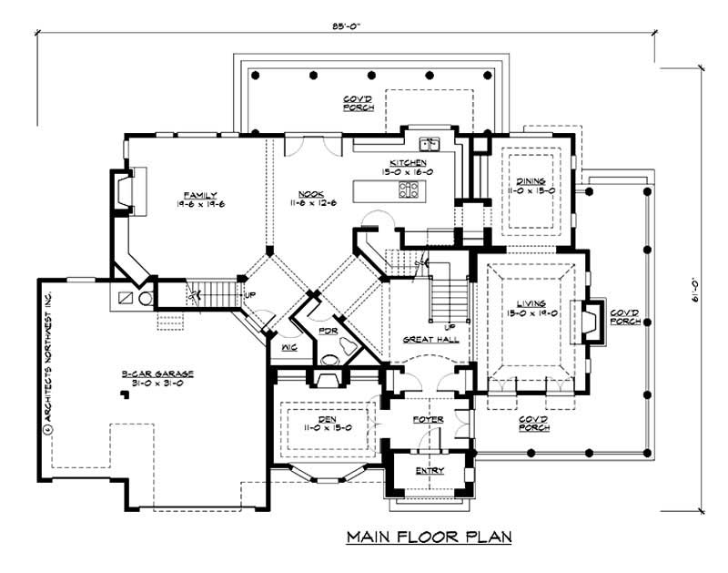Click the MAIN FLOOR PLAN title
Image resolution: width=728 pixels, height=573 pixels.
click(x=430, y=537)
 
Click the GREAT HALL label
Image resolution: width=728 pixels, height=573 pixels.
click(x=429, y=340)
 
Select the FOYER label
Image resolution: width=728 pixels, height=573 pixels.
click(x=429, y=419)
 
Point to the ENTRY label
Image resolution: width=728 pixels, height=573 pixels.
click(x=429, y=470)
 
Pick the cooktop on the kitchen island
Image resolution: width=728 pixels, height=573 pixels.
click(x=409, y=189)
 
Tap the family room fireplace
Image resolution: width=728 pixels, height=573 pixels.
click(x=122, y=194)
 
